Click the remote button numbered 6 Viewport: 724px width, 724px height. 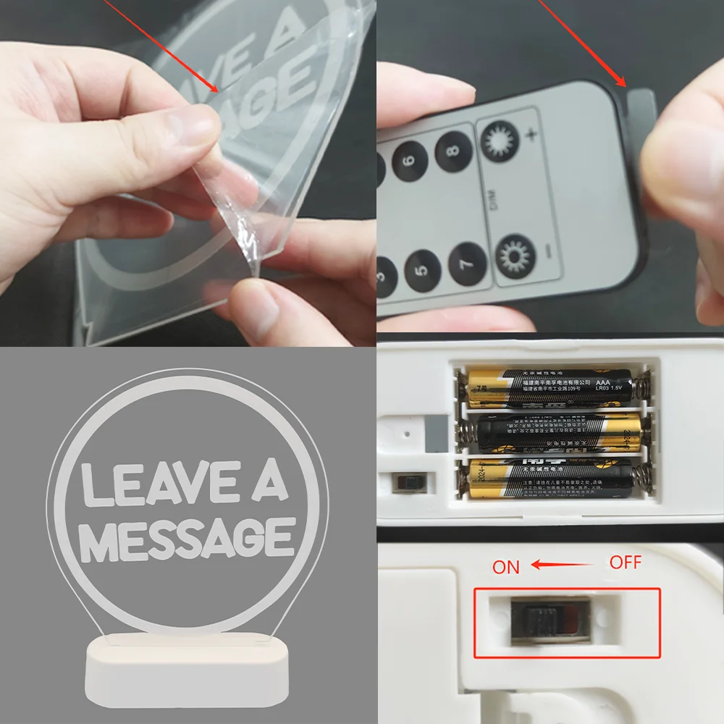pos(410,160)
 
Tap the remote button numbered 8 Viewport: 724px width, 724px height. pos(453,150)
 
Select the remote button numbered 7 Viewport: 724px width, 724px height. pos(467,266)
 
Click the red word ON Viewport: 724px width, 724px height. pos(506,567)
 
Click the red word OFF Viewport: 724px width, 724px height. pos(626,563)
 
